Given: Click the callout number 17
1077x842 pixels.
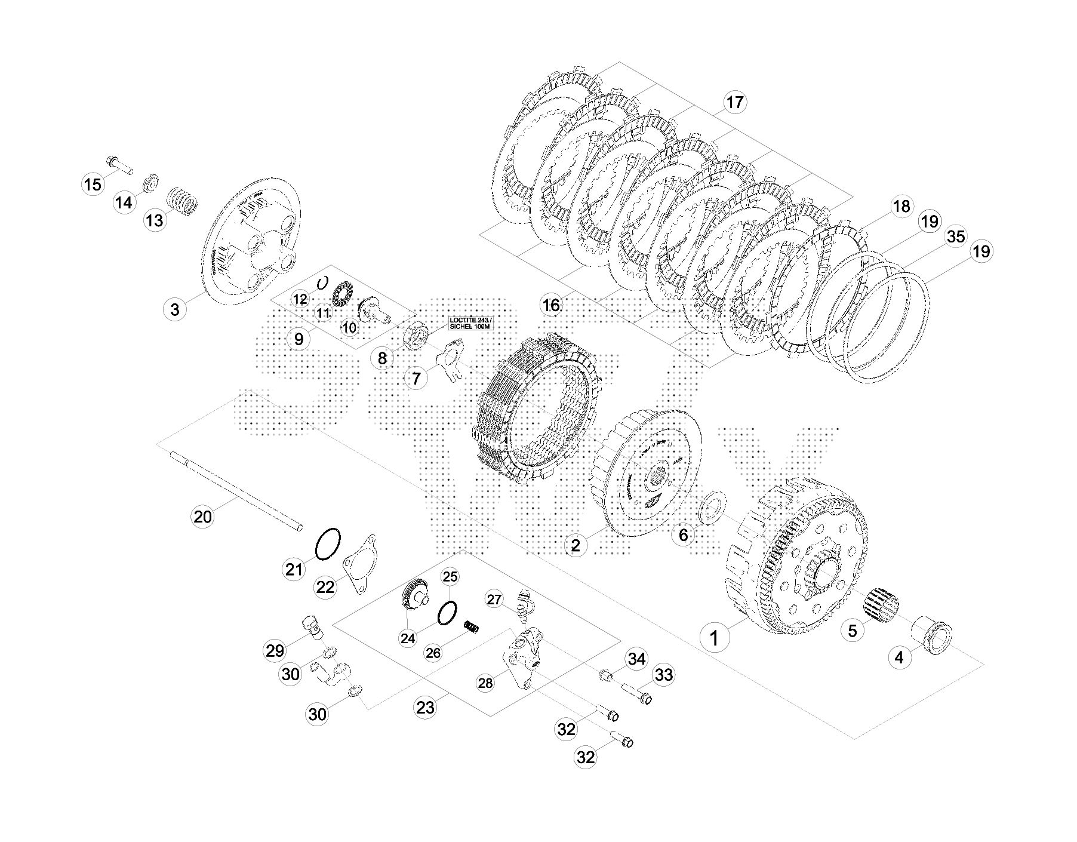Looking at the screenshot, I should point(735,102).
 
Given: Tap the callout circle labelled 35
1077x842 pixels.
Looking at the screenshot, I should point(956,236).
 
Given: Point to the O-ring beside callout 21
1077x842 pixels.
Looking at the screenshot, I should point(327,544).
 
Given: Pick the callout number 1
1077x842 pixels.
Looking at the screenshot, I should point(714,638).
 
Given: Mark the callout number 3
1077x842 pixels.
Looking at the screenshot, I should point(174,309).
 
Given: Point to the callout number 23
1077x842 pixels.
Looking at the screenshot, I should point(425,708).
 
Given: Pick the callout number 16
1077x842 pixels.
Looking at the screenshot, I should point(550,305).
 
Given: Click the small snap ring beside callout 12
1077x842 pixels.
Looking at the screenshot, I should point(323,282).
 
